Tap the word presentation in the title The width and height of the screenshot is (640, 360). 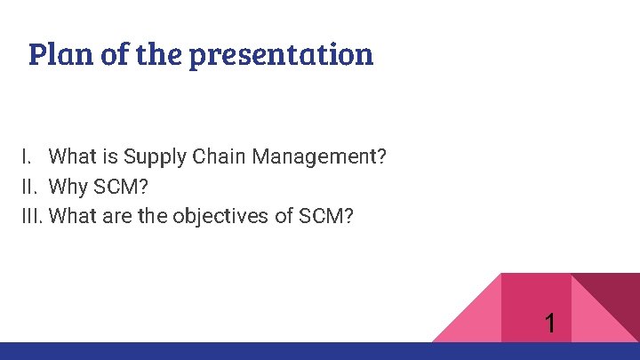coord(290,55)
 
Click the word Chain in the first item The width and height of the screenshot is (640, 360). coord(220,157)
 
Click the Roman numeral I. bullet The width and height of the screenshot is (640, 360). coord(28,157)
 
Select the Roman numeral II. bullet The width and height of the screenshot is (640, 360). coord(30,187)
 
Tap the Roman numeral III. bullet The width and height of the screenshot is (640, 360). coord(34,216)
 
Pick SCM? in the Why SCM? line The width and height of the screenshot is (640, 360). coord(121,187)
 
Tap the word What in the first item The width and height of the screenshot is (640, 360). coord(72,157)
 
